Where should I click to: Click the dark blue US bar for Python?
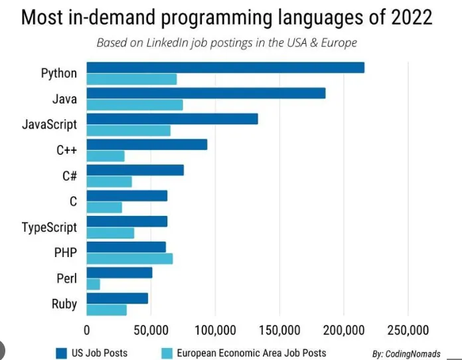click(226, 67)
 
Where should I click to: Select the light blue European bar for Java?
click(135, 105)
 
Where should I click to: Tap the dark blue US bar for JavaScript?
click(173, 119)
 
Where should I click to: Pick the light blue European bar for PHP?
click(130, 258)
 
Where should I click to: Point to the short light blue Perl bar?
click(94, 284)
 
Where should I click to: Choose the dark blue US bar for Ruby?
click(117, 298)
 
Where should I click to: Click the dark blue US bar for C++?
click(147, 144)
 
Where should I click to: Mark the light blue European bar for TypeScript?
click(111, 233)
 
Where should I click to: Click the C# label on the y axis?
click(67, 176)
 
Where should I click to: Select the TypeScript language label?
click(49, 227)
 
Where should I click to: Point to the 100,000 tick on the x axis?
click(215, 330)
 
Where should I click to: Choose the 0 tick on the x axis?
click(87, 330)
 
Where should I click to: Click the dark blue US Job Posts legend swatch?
click(60, 353)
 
